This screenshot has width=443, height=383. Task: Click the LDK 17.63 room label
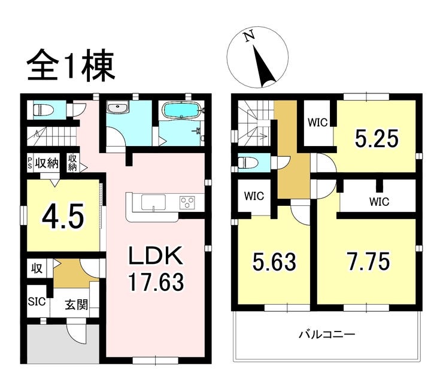point(156,268)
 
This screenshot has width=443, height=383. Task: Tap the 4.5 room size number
point(63,217)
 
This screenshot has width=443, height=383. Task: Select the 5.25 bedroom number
point(377,139)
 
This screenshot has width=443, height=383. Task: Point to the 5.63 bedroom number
point(274,262)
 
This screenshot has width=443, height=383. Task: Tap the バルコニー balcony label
point(327,335)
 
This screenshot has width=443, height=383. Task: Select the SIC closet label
point(37,302)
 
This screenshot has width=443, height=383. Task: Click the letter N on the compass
point(249,36)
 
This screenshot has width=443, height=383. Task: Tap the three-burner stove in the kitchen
point(187,203)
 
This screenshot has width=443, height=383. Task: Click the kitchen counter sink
point(154,202)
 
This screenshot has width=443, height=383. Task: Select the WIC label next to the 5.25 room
point(318,123)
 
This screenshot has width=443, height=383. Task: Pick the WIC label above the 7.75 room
point(379,202)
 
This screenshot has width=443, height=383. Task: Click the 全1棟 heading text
point(71,65)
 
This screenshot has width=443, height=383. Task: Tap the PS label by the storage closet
point(30,163)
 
